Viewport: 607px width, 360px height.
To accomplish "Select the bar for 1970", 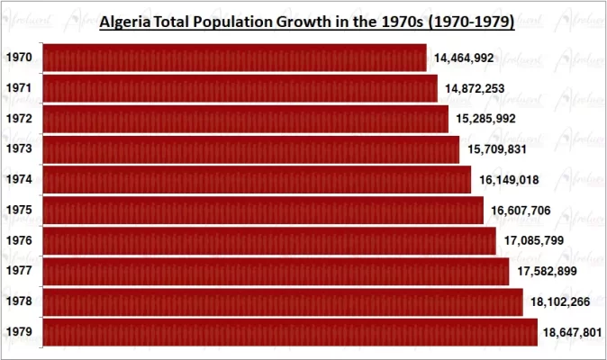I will coord(234,58).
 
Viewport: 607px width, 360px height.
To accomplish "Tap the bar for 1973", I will coord(251,149).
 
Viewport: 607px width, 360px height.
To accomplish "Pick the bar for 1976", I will coord(268,240).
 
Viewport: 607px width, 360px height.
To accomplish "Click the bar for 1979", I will coord(289,332).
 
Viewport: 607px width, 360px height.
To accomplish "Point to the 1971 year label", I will coord(19,88).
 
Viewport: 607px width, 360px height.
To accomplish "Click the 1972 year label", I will coord(19,119).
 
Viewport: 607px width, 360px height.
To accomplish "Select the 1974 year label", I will coord(19,180).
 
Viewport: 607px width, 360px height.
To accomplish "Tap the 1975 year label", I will coord(19,211).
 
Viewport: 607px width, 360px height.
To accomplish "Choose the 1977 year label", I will coord(19,271).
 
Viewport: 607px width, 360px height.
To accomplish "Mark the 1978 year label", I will coord(19,301).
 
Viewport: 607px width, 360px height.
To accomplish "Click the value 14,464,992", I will coord(464,58).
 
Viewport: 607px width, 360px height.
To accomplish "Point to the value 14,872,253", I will coord(475,88).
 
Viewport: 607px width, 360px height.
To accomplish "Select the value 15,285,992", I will coord(486,119).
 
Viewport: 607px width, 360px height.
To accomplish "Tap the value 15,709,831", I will coord(498,149).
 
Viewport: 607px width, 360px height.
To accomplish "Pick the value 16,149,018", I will coord(509,180).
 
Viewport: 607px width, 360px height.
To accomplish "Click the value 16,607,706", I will coord(521,211).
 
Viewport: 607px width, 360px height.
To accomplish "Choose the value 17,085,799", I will coord(533,240).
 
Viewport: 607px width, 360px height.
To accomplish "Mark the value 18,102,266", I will coord(560,301).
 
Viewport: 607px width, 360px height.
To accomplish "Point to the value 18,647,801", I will coord(574,332).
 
